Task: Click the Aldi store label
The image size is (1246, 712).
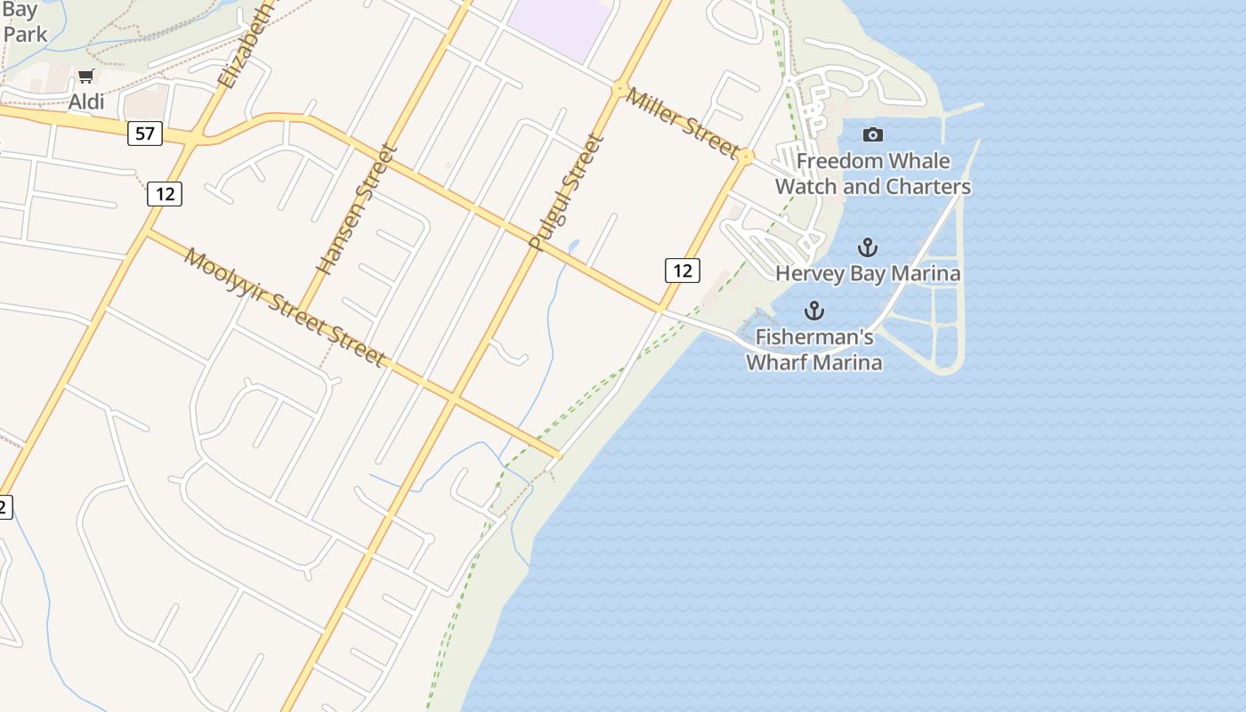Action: (x=86, y=101)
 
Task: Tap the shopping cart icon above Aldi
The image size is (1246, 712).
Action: (x=85, y=77)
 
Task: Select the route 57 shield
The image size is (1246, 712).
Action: (x=144, y=134)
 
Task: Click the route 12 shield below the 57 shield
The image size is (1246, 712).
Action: (x=165, y=193)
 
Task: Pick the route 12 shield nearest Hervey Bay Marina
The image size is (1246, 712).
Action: (x=682, y=271)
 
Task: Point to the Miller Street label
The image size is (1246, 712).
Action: (x=682, y=123)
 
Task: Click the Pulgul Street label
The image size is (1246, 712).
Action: (x=566, y=192)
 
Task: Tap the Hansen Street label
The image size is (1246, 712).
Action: (x=355, y=210)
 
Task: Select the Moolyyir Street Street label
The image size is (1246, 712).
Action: (x=285, y=307)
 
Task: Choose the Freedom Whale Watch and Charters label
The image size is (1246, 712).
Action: (x=873, y=174)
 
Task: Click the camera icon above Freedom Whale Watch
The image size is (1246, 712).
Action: (x=873, y=135)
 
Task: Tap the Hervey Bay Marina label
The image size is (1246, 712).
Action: (x=868, y=273)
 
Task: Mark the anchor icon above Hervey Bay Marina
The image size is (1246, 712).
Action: (x=867, y=247)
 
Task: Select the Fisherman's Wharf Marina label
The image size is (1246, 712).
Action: (x=814, y=350)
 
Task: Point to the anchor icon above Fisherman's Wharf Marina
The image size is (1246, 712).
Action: (x=813, y=311)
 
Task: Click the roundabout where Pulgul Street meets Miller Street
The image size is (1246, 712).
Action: (x=619, y=88)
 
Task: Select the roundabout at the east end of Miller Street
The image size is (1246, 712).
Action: (x=746, y=157)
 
